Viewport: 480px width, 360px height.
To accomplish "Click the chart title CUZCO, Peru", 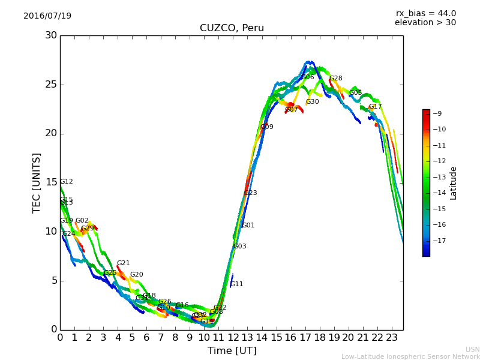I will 232,28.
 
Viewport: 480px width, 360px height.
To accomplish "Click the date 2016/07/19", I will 47,16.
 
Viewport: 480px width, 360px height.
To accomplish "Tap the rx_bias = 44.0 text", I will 425,14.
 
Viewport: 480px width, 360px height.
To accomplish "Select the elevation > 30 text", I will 425,23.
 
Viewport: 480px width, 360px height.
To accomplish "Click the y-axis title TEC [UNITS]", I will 37,182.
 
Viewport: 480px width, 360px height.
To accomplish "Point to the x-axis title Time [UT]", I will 232,351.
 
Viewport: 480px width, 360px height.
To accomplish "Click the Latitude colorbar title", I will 454,183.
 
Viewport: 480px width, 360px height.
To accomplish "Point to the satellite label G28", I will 335,79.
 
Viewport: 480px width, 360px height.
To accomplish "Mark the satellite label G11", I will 237,284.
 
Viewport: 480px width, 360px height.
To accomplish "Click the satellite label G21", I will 123,263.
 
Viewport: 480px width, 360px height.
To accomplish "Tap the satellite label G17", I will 375,107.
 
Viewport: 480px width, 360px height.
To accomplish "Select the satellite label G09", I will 266,127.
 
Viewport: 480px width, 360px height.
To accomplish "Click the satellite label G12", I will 66,182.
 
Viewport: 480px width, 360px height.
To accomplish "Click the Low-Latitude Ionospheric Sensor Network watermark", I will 410,357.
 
